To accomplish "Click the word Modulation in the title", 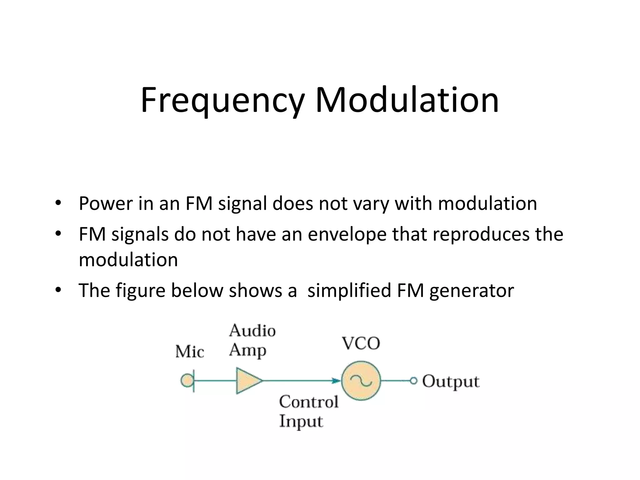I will point(407,100).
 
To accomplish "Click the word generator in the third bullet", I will point(471,291).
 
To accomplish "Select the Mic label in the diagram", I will point(189,352).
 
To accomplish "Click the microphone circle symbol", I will point(187,381).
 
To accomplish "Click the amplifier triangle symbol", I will point(247,381).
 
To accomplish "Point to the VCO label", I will point(361,343).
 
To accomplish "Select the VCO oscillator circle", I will point(361,381).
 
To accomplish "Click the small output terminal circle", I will point(413,381).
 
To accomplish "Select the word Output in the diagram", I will point(451,382).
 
